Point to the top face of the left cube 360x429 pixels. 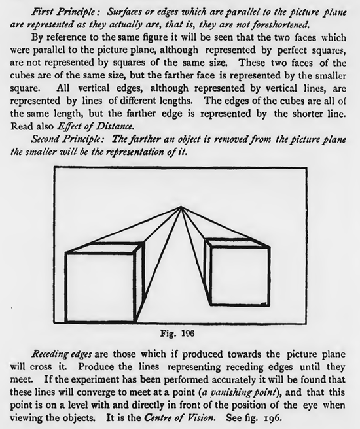[x=105, y=249]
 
